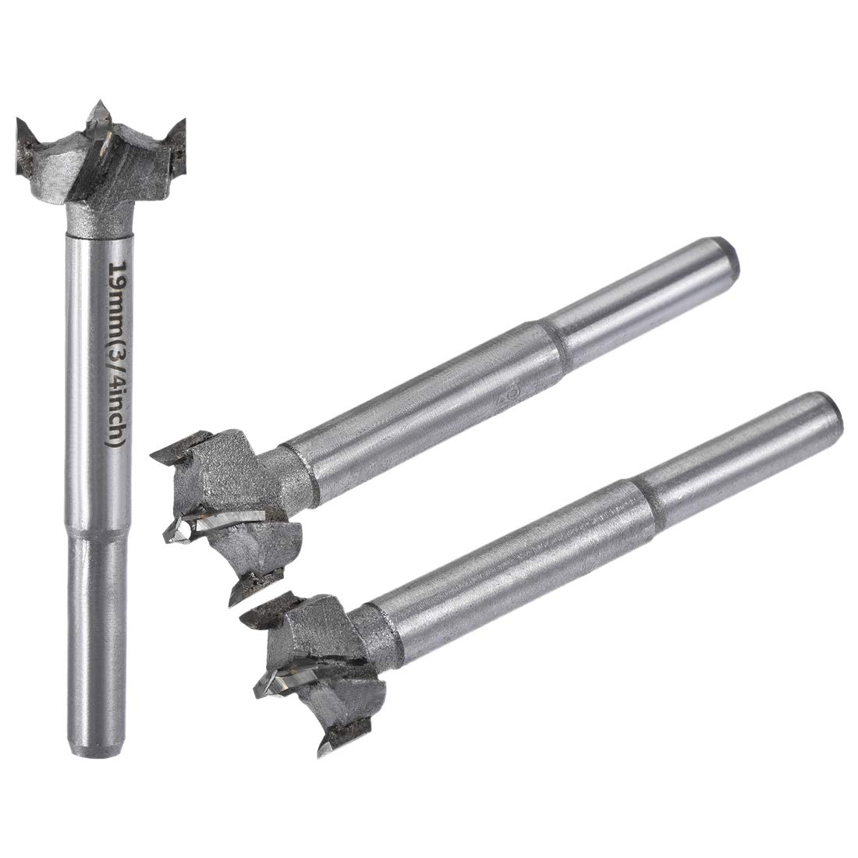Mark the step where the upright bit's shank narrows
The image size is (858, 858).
[x=97, y=534]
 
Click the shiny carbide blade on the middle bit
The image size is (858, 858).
[x=230, y=518]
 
